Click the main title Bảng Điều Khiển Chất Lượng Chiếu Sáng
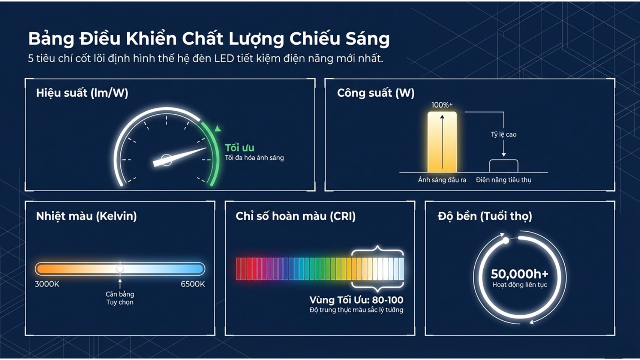tap(209, 39)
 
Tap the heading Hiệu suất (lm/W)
tap(82, 93)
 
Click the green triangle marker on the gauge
tap(218, 128)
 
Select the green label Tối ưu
tap(240, 148)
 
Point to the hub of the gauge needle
tap(166, 160)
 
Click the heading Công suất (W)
tap(375, 93)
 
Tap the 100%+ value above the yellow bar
tap(442, 105)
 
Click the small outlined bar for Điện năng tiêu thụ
tap(504, 166)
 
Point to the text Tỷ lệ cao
tap(504, 135)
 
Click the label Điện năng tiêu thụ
tap(504, 180)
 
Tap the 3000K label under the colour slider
tap(47, 284)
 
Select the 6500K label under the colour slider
tap(193, 284)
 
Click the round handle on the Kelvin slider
tap(120, 268)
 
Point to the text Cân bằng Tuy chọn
tap(120, 298)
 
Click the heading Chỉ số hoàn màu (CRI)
tap(296, 216)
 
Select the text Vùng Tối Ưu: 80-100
tap(356, 300)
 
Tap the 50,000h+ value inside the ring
tap(519, 274)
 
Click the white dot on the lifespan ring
tap(506, 241)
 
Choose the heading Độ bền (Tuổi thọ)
tap(485, 216)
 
